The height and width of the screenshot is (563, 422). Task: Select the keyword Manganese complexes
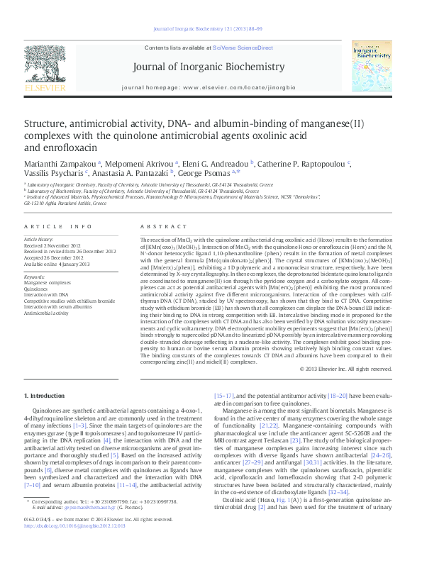[48, 282]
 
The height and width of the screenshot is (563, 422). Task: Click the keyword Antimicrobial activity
[47, 311]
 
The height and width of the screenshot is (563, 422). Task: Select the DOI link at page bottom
[75, 546]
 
